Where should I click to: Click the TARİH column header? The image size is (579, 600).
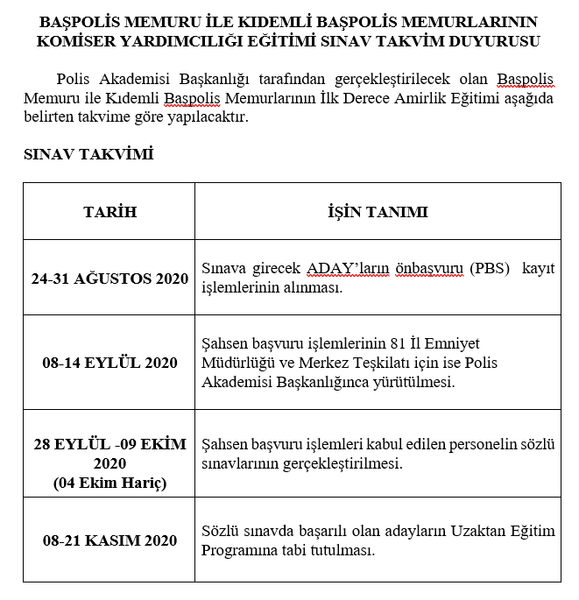[109, 212]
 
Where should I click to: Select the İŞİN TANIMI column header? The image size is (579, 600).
[378, 212]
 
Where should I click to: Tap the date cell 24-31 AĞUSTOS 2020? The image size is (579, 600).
[109, 279]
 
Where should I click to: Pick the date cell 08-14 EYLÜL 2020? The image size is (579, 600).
[109, 363]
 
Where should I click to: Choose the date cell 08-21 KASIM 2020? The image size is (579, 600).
[109, 540]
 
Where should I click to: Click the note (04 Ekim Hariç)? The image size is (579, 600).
[109, 483]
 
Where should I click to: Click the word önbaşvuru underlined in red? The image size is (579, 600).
[420, 267]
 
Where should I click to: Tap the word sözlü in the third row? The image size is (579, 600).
[539, 444]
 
